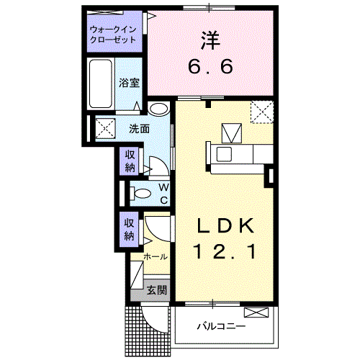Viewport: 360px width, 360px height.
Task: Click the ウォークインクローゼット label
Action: (x=112, y=35)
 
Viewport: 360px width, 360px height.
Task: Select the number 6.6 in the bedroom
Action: (x=211, y=68)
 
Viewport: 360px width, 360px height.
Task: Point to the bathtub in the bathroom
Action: (x=102, y=84)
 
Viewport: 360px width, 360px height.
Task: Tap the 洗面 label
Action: (x=139, y=130)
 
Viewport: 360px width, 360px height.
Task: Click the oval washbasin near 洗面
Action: (x=159, y=109)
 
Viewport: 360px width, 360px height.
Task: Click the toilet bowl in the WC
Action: (x=141, y=192)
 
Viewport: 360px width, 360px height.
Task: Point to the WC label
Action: (x=163, y=193)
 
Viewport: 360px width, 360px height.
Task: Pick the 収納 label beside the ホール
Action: (x=130, y=229)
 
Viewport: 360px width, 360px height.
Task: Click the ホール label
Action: (x=156, y=257)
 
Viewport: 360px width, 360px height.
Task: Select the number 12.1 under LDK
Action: (x=225, y=253)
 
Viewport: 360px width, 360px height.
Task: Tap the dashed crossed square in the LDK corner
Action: (x=261, y=112)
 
